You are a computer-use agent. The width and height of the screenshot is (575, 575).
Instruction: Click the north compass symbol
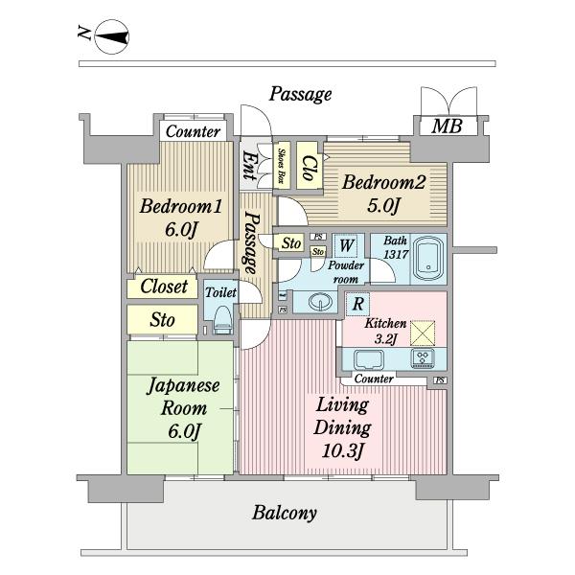click(x=111, y=37)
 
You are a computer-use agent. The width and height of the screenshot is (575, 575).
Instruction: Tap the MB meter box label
click(x=447, y=126)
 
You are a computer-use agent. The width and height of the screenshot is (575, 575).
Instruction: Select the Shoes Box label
click(x=282, y=166)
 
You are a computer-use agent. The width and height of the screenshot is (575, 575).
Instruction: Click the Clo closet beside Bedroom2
click(x=310, y=166)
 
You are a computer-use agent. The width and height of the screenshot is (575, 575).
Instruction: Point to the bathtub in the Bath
click(x=428, y=259)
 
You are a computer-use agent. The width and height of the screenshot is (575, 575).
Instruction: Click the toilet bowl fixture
click(x=223, y=320)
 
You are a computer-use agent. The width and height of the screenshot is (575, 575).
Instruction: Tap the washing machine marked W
click(x=347, y=245)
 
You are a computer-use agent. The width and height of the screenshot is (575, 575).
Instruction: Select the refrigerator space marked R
click(x=357, y=304)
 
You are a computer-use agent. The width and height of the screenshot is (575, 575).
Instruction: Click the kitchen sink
click(x=369, y=359)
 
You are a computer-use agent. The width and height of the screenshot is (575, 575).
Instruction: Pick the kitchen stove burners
click(x=423, y=358)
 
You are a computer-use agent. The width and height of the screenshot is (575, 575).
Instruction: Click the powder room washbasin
click(x=320, y=302)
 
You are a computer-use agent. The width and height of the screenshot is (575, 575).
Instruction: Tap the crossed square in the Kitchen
click(x=423, y=333)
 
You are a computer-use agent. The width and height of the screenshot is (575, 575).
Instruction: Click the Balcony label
click(x=285, y=513)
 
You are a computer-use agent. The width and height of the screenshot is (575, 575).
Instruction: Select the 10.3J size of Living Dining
click(x=342, y=451)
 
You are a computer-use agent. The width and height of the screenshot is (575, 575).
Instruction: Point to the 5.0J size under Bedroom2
click(x=382, y=206)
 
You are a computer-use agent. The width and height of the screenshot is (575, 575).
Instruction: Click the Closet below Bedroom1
click(x=164, y=287)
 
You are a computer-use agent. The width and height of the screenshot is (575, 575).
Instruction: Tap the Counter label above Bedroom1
click(x=193, y=131)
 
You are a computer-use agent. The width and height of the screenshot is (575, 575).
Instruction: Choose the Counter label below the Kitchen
click(x=374, y=379)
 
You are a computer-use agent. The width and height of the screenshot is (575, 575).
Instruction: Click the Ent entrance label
click(x=249, y=166)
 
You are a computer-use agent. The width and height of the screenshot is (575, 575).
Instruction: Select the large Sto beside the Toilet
click(x=163, y=320)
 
